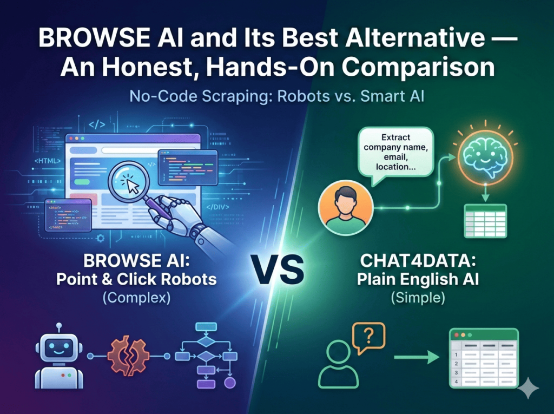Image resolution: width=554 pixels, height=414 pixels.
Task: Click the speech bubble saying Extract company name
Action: [x=388, y=152]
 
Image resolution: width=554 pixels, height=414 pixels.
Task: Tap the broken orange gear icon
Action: [x=127, y=356]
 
